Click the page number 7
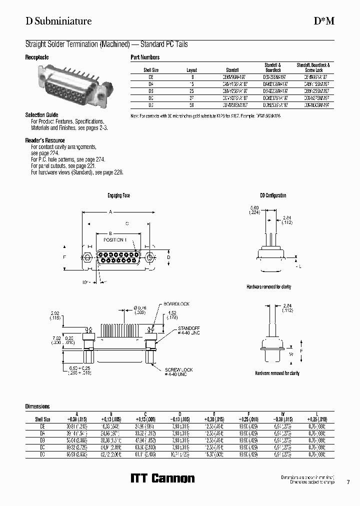(348, 482)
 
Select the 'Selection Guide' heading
(41, 115)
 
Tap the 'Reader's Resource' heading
(44, 140)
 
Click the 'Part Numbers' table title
(145, 57)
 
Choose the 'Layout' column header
(192, 70)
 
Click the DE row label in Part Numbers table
(151, 77)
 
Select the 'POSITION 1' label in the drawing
(115, 240)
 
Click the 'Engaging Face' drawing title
(118, 195)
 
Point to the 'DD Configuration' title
(273, 195)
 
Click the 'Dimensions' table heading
(37, 407)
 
